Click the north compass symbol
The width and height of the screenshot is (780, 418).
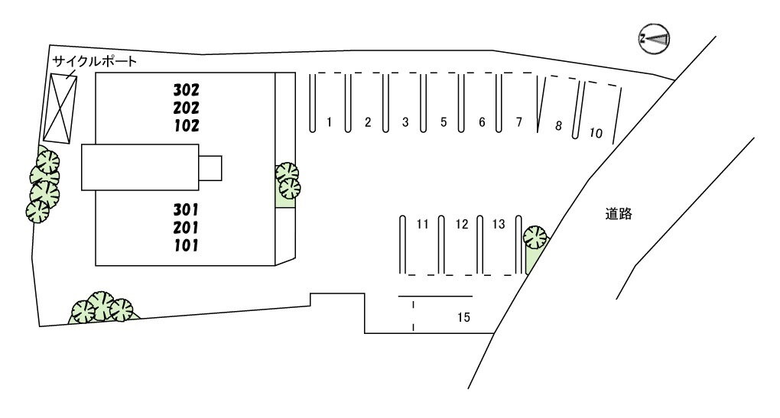654,38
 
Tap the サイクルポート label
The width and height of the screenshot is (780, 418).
94,61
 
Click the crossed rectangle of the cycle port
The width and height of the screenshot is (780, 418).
60,107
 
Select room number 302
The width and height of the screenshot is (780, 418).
186,88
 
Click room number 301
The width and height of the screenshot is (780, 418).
186,209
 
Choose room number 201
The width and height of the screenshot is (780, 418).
186,227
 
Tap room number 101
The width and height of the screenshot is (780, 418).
186,245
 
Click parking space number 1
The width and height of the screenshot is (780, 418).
329,122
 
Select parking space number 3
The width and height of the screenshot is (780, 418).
405,122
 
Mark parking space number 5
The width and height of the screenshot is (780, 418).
444,122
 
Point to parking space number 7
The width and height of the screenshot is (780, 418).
519,122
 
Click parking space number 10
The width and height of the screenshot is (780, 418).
596,134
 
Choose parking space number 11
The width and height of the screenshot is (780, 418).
422,225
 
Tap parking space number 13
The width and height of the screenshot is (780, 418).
499,225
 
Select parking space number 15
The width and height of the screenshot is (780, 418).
463,316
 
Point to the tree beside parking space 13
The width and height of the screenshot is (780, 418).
535,238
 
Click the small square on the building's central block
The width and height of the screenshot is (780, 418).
210,167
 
